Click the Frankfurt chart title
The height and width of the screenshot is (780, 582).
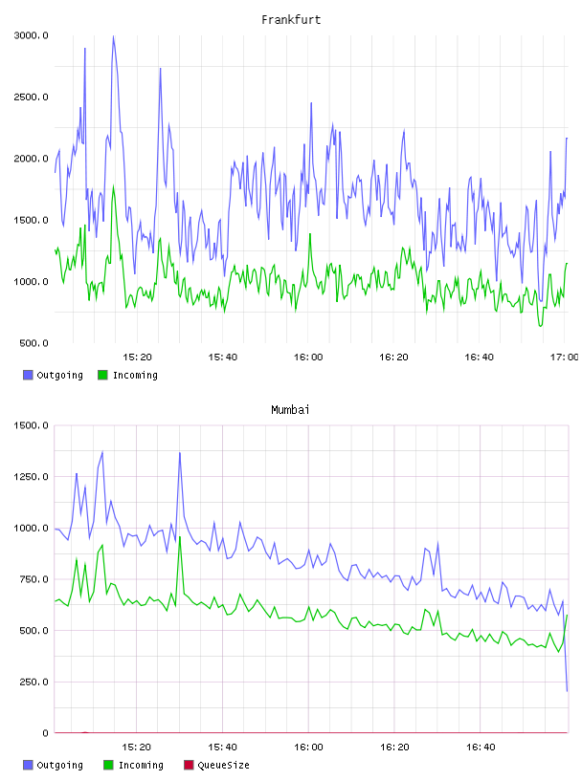tap(291, 20)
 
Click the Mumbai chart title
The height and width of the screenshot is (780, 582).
tap(290, 410)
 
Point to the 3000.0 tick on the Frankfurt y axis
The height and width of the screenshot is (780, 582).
tap(31, 35)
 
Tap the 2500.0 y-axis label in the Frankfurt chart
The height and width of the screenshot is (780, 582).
tap(31, 97)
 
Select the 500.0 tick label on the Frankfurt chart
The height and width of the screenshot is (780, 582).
tap(34, 343)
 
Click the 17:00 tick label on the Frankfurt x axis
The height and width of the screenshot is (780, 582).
tap(565, 357)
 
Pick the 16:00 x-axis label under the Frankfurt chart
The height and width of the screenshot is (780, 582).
tap(308, 357)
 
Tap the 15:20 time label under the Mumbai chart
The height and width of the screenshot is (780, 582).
tap(136, 747)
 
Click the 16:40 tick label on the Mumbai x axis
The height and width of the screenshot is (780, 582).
tap(481, 747)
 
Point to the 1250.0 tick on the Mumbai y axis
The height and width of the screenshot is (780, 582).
tap(31, 477)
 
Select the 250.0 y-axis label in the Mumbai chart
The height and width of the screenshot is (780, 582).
tap(34, 682)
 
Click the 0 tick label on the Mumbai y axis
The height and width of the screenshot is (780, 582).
tap(45, 733)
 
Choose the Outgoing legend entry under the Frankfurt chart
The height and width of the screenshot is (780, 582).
tap(53, 375)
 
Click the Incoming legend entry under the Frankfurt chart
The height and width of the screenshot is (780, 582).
tap(127, 375)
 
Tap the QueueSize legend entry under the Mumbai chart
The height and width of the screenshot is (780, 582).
tap(216, 765)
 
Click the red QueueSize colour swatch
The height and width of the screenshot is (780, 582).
tap(189, 765)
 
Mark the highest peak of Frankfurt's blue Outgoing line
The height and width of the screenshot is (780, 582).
tap(113, 36)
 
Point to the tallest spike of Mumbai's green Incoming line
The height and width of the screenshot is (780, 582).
tap(180, 537)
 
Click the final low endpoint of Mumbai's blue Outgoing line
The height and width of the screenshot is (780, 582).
tap(567, 690)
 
